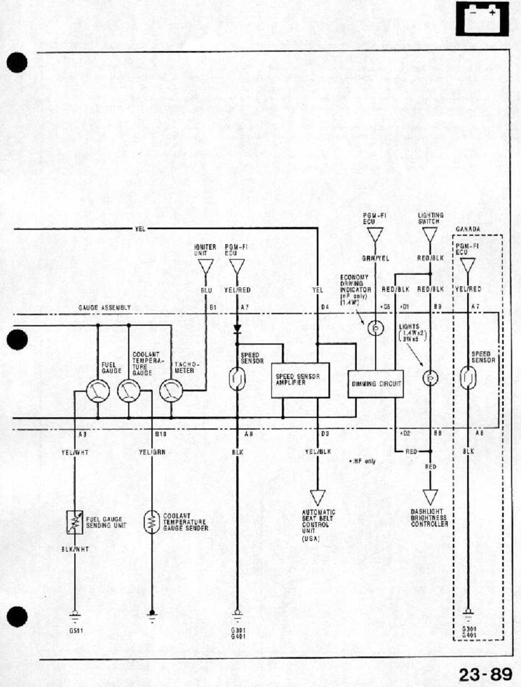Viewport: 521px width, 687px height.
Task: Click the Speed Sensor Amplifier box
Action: [300, 380]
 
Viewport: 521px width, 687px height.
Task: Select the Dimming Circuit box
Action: [375, 383]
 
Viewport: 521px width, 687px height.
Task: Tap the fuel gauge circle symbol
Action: [98, 392]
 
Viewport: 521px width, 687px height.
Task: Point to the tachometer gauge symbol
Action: [170, 392]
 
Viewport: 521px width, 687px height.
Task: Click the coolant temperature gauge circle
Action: [129, 392]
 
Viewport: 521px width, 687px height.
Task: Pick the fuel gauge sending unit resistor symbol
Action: [74, 522]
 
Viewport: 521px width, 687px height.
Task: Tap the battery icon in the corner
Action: [482, 19]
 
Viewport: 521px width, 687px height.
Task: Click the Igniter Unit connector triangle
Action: [206, 267]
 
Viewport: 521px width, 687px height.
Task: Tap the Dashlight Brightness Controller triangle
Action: [430, 496]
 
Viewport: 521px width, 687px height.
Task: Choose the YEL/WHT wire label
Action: [75, 452]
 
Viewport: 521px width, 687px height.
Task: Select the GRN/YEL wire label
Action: [375, 258]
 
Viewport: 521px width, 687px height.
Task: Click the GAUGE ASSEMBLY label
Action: [104, 307]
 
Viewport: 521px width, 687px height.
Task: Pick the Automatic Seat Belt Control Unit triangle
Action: [317, 497]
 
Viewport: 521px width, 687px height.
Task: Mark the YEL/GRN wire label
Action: [152, 452]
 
